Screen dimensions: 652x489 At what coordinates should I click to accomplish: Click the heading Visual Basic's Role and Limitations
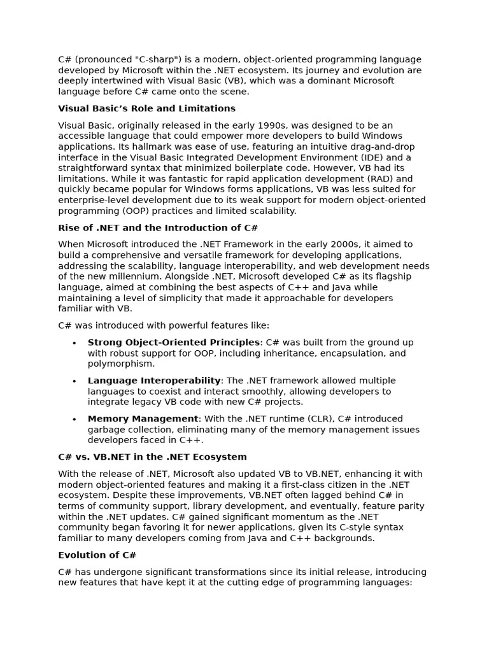point(146,109)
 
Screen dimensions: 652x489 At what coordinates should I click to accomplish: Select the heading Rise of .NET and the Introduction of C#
point(158,228)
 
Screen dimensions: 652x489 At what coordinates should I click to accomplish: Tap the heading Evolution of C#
point(97,555)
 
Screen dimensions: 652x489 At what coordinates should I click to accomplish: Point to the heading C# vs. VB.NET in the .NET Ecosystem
point(152,457)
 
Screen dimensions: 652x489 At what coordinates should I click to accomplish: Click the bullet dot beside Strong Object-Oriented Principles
point(74,343)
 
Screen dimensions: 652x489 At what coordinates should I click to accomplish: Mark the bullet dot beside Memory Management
point(74,419)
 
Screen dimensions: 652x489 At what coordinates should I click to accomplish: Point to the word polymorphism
point(121,364)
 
